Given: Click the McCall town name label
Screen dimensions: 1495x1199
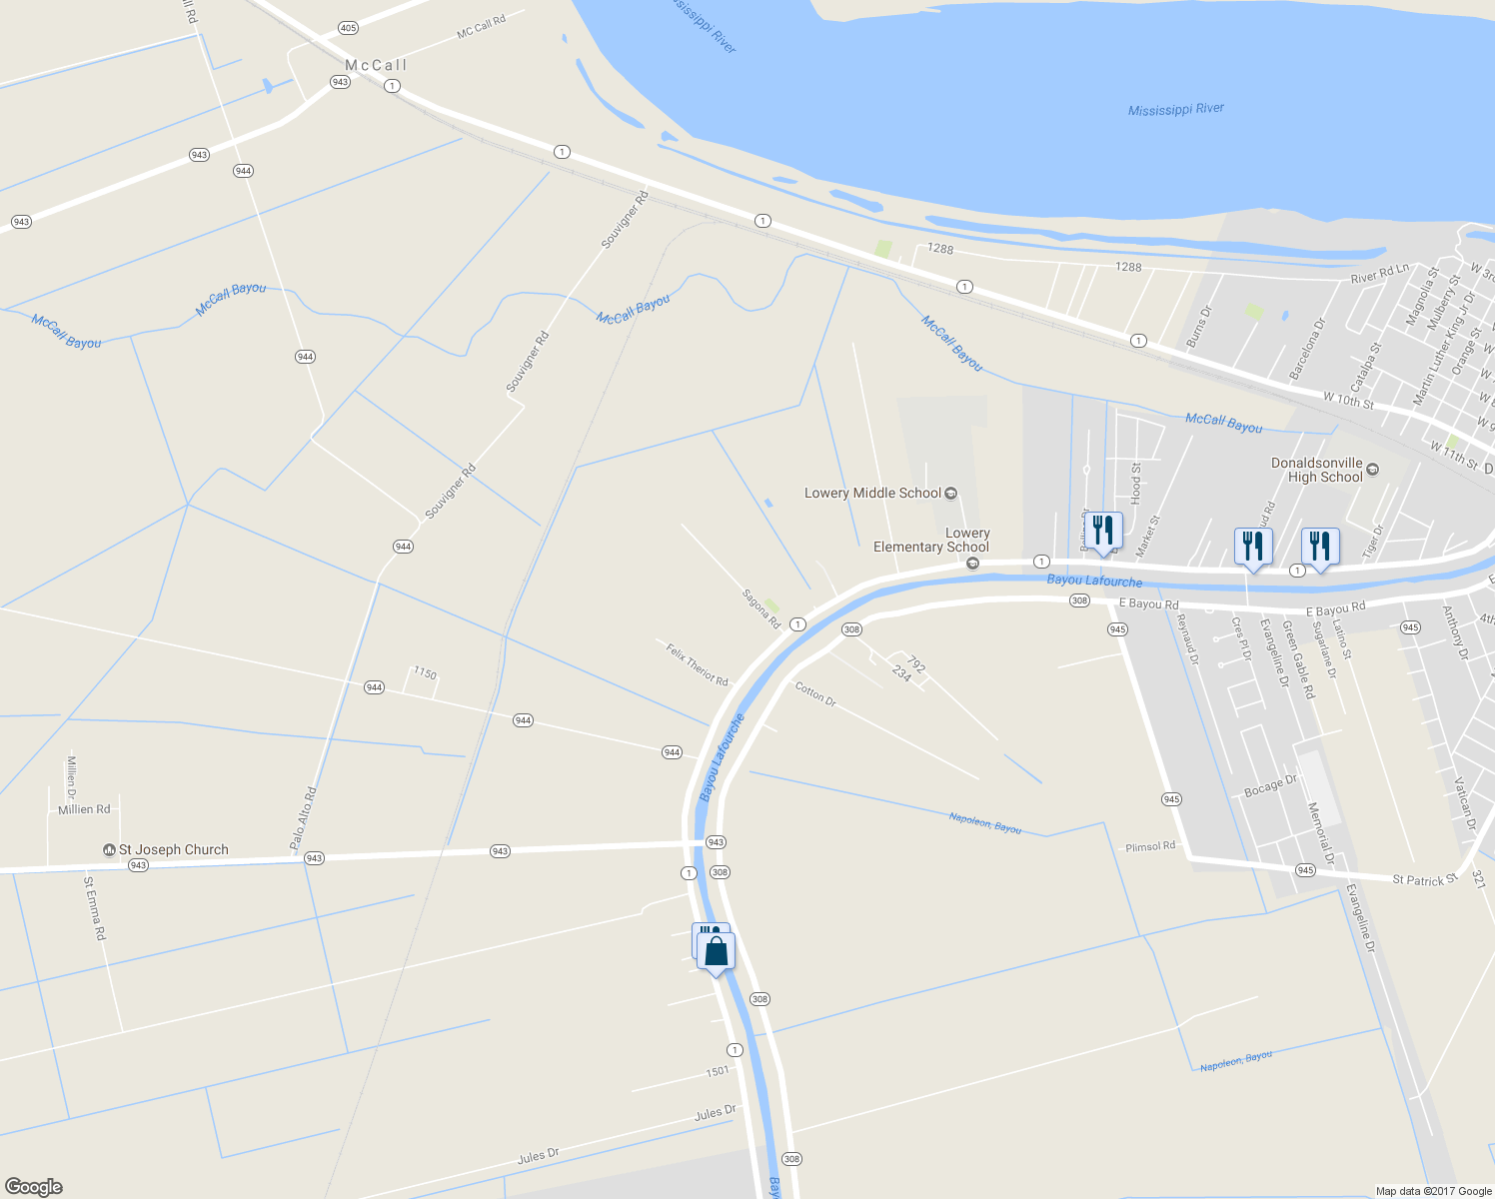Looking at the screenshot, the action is (x=377, y=66).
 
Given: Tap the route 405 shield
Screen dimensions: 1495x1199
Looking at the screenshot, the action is (x=348, y=28).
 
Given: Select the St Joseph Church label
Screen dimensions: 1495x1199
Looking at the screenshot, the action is (x=173, y=849).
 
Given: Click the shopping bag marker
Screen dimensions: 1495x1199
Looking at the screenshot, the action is (x=717, y=951).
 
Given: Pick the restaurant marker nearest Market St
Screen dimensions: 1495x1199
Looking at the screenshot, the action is (x=1103, y=531).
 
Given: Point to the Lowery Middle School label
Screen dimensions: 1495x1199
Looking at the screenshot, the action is (x=872, y=493).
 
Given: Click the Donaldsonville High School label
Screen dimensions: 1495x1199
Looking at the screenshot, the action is (x=1316, y=470).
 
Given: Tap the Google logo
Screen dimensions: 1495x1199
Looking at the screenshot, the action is (x=33, y=1187).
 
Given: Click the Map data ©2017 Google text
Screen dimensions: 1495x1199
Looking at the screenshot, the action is (x=1433, y=1191).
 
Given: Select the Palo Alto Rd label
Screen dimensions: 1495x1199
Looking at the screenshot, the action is (x=304, y=818).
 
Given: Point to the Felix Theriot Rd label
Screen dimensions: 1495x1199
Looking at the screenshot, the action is (x=697, y=664).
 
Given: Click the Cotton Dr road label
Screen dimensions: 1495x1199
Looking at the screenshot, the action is (x=815, y=693).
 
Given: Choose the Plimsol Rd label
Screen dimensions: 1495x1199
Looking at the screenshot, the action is (x=1150, y=846).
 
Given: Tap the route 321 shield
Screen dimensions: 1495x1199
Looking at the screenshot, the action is (x=1478, y=879).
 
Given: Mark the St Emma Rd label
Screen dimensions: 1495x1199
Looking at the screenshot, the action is (x=94, y=908).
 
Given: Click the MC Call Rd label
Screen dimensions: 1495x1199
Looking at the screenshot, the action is (x=481, y=27).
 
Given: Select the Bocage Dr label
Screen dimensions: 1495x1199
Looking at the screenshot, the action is (x=1270, y=786).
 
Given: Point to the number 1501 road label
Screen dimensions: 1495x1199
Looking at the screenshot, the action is (x=718, y=1071).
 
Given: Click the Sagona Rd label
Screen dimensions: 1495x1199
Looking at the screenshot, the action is (x=760, y=608).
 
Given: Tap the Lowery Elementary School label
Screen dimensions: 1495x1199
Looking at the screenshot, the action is (x=931, y=540).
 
